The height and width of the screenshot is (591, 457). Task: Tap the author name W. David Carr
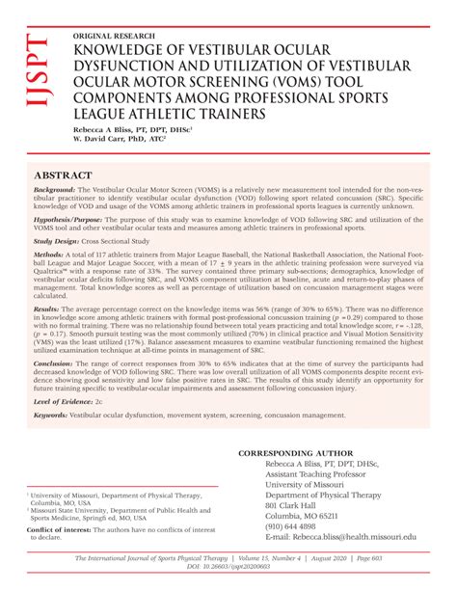pos(99,139)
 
